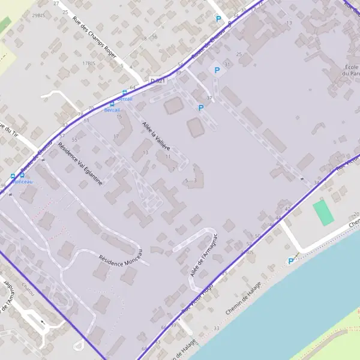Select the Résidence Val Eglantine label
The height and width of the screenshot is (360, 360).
80,163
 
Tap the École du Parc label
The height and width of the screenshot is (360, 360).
352,70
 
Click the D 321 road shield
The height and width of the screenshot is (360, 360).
158,80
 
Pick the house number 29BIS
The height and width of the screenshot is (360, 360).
40,14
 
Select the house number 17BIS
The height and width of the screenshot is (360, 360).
89,63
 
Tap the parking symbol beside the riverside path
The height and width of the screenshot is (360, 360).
292,261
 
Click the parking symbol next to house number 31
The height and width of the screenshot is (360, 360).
217,70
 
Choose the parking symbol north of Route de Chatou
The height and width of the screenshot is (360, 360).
219,19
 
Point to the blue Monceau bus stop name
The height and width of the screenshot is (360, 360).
22,181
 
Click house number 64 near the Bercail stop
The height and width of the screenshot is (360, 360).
133,88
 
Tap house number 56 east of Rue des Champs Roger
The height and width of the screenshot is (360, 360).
154,37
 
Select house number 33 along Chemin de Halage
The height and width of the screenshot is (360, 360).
216,328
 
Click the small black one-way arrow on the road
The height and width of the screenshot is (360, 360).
43,323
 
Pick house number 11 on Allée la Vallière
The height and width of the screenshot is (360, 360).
167,157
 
